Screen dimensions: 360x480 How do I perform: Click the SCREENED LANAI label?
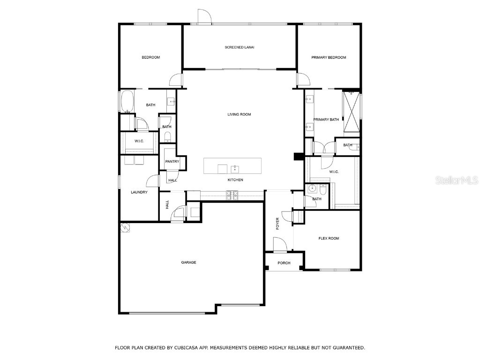(x=240, y=47)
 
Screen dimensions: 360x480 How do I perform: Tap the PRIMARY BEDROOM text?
(x=329, y=58)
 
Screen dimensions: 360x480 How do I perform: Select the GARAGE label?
(x=188, y=262)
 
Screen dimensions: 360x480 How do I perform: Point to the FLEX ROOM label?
(x=329, y=239)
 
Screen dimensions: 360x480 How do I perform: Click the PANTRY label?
(x=172, y=162)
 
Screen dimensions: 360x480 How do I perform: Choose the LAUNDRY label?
(x=139, y=192)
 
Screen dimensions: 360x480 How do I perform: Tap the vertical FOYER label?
(x=277, y=223)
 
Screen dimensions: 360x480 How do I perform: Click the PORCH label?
(x=284, y=263)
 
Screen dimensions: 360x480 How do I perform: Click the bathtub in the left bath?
(x=127, y=101)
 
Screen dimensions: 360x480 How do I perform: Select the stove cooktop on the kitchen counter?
(x=232, y=195)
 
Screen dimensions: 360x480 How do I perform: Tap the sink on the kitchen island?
(x=235, y=169)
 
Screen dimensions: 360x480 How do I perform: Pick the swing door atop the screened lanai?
(x=204, y=17)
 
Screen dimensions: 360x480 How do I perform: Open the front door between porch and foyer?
(x=279, y=245)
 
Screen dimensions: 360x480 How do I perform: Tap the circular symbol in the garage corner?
(x=125, y=227)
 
